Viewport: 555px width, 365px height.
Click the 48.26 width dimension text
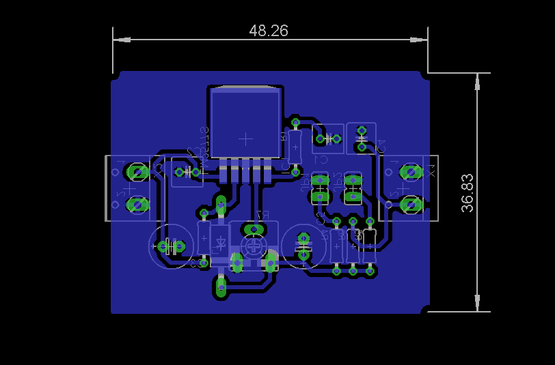pyautogui.click(x=269, y=31)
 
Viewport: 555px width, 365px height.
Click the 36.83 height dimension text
pyautogui.click(x=468, y=193)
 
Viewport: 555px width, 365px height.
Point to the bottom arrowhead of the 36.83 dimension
pyautogui.click(x=477, y=302)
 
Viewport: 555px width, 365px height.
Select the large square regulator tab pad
pyautogui.click(x=245, y=123)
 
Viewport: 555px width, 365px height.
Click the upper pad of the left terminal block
pyautogui.click(x=137, y=172)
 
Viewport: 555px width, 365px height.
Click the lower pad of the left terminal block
pyautogui.click(x=137, y=204)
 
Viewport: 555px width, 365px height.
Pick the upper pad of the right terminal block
pyautogui.click(x=411, y=172)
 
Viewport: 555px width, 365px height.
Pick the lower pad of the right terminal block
pyautogui.click(x=411, y=204)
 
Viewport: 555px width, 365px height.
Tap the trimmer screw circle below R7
pyautogui.click(x=254, y=246)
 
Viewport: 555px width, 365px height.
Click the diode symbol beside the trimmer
pyautogui.click(x=221, y=242)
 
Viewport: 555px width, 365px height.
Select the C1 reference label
pyautogui.click(x=320, y=160)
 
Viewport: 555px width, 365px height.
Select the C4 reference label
pyautogui.click(x=381, y=145)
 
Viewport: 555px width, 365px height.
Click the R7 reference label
pyautogui.click(x=262, y=216)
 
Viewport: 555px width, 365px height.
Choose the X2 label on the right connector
pyautogui.click(x=431, y=170)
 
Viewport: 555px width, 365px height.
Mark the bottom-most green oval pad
pyautogui.click(x=221, y=288)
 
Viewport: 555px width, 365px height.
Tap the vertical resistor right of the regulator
pyautogui.click(x=295, y=146)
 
